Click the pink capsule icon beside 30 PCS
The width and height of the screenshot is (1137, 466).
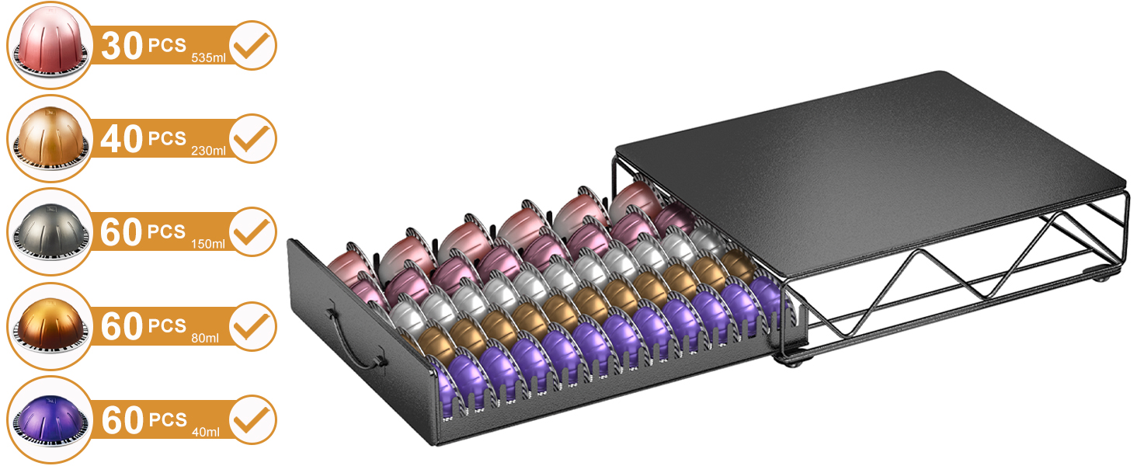[50, 46]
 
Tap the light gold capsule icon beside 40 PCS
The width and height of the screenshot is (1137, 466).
[50, 138]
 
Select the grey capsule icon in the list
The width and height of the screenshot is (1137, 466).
[50, 232]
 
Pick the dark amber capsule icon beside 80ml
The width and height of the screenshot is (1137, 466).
[50, 325]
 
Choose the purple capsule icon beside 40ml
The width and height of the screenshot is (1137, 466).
[50, 420]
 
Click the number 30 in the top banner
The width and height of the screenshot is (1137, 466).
[123, 46]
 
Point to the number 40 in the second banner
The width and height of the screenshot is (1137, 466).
[122, 138]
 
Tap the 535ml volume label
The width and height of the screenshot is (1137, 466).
[209, 58]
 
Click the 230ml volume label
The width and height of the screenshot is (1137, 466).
[209, 151]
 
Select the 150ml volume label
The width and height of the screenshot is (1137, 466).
[208, 244]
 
